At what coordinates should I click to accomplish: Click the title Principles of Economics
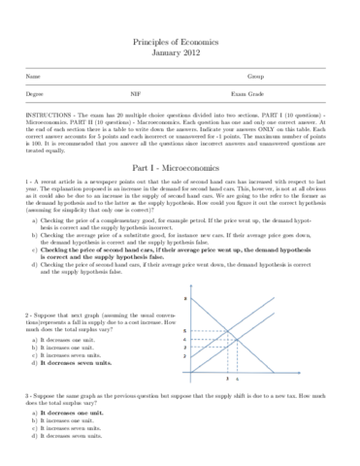coord(180,45)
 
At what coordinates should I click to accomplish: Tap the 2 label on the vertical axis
coord(183,356)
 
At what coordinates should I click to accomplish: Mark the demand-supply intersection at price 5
coord(227,332)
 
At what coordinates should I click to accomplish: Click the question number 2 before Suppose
coord(27,316)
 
